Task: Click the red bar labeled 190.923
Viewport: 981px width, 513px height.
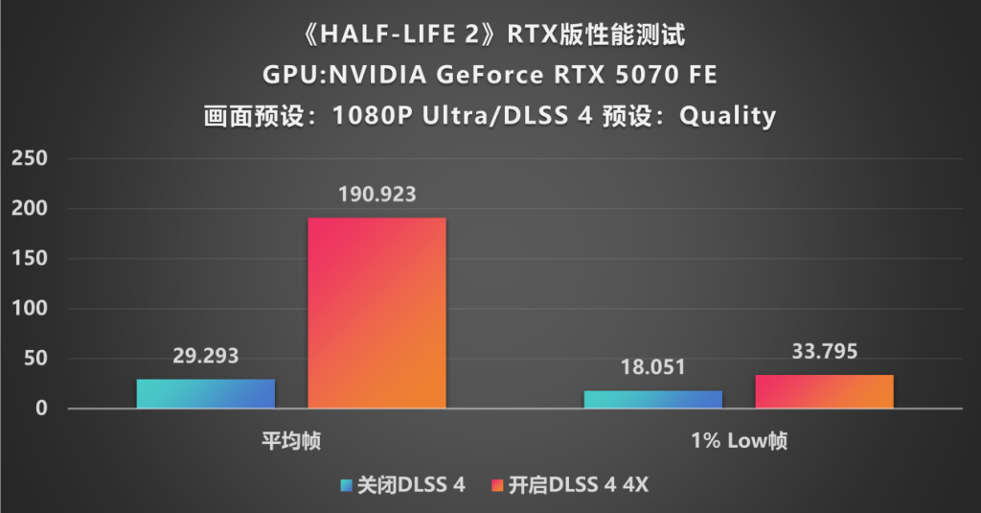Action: [376, 314]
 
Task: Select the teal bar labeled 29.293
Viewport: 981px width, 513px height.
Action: [206, 394]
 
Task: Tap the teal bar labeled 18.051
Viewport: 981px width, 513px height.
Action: [653, 400]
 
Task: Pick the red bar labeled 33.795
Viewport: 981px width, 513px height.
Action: [824, 392]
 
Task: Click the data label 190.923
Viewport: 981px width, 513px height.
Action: [376, 196]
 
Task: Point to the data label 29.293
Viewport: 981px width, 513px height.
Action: [206, 357]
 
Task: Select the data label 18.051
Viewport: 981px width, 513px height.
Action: [653, 368]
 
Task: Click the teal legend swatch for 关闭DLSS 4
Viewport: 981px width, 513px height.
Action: [347, 485]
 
